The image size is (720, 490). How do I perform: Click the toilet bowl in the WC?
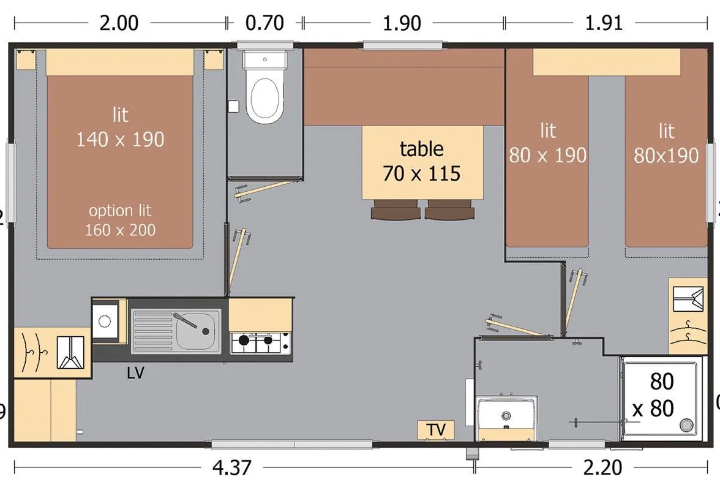[x=263, y=97]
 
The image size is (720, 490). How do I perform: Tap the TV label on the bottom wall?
[x=436, y=431]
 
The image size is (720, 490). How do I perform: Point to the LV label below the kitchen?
[x=135, y=373]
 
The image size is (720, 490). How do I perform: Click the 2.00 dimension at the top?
[x=119, y=23]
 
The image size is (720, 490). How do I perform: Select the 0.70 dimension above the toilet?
[x=264, y=23]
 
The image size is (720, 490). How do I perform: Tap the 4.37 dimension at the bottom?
[x=232, y=468]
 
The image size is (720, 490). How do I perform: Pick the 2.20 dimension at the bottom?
[x=603, y=468]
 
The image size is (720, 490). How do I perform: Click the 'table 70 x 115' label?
[x=421, y=161]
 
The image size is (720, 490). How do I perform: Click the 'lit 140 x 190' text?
[x=120, y=127]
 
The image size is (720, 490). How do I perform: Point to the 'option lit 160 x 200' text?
[x=120, y=220]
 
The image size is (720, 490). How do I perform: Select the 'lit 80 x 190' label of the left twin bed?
[x=548, y=143]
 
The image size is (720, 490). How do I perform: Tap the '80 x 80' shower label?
[x=656, y=395]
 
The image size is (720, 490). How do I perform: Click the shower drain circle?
[x=686, y=425]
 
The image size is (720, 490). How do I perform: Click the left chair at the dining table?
[x=396, y=210]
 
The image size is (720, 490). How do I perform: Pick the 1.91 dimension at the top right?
[x=604, y=23]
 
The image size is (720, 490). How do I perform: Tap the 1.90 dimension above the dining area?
[x=402, y=23]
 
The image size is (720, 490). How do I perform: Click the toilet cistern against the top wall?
[x=265, y=59]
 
